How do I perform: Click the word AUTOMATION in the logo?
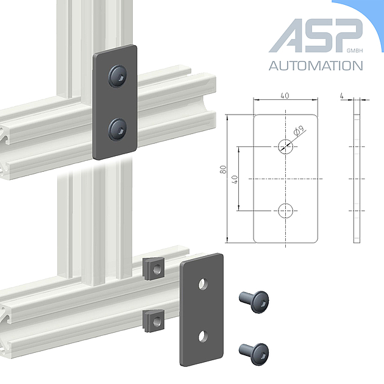pos(316,66)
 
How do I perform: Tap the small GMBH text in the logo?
pos(355,51)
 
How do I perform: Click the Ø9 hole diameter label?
pos(299,130)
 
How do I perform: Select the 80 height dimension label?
pos(223,169)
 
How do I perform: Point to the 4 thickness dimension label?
pos(342,96)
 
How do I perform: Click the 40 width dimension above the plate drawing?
pos(285,96)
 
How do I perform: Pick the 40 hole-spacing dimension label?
pos(235,180)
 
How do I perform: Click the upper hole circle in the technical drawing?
pos(285,147)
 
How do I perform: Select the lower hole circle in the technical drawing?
pos(285,211)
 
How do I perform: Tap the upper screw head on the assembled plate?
pos(118,76)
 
